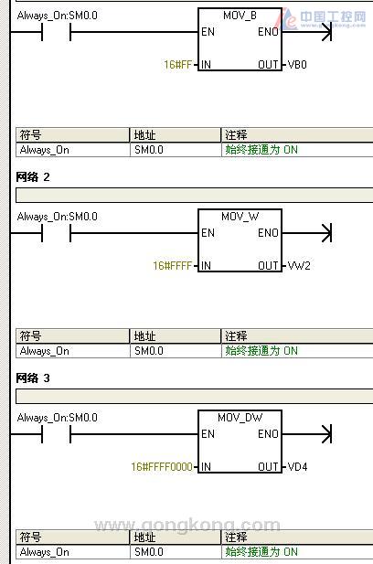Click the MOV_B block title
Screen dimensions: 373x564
[x=240, y=16]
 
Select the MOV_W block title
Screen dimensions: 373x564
[x=240, y=217]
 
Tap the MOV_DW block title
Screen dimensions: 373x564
[x=240, y=418]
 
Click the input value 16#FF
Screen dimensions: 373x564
[x=177, y=65]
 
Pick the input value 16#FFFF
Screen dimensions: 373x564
[x=172, y=266]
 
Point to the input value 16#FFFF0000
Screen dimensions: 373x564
[x=162, y=467]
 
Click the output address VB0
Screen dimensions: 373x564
[x=297, y=65]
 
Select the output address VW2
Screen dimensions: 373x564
[x=299, y=266]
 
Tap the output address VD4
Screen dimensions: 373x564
[x=297, y=467]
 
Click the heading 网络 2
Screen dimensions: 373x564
[x=33, y=177]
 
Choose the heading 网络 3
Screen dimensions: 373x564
[x=33, y=378]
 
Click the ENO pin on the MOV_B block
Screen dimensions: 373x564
[x=268, y=32]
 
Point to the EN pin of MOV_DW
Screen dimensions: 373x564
[x=208, y=434]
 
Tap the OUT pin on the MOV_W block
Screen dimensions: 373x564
[x=268, y=266]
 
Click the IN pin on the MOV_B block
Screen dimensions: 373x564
[x=206, y=65]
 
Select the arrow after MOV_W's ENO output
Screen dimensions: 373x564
[x=307, y=233]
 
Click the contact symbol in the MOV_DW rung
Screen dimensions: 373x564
[x=56, y=434]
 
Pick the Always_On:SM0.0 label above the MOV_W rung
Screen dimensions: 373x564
[x=58, y=217]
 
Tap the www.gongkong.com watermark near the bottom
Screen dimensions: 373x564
[x=187, y=526]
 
